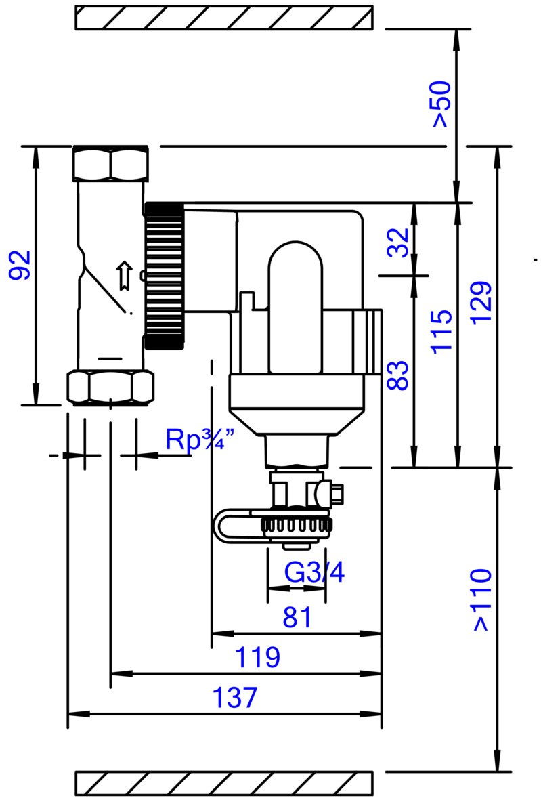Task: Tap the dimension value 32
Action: (x=399, y=242)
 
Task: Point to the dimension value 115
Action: (x=441, y=331)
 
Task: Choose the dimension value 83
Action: (x=399, y=374)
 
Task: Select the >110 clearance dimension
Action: (x=481, y=599)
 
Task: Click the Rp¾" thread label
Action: (x=200, y=440)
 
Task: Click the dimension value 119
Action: (x=257, y=657)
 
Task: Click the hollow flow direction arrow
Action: (x=123, y=276)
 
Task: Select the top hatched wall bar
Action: (x=223, y=18)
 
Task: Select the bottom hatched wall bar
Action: (x=223, y=783)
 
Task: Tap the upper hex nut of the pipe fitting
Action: (x=110, y=163)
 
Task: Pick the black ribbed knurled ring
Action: (x=164, y=275)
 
